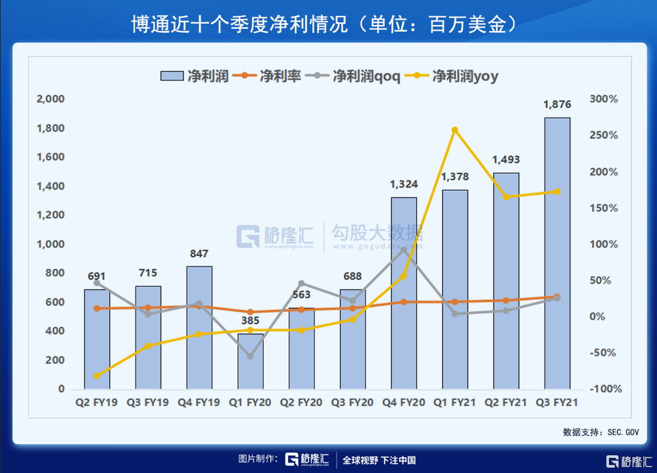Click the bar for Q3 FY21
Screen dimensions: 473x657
[x=557, y=253]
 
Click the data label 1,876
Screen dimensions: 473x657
[x=557, y=104]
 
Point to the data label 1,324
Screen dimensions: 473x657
[x=404, y=184]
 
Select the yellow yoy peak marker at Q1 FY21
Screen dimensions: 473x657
[x=454, y=130]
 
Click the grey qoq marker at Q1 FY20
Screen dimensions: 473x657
[x=250, y=356]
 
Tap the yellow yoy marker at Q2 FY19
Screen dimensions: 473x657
[x=97, y=376]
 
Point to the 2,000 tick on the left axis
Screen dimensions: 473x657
[x=51, y=99]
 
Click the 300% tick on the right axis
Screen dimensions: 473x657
[x=604, y=99]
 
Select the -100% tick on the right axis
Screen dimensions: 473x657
[x=606, y=389]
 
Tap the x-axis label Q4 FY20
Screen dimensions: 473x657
[x=404, y=402]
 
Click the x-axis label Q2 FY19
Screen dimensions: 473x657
[x=97, y=402]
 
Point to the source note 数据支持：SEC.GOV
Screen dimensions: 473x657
[x=601, y=432]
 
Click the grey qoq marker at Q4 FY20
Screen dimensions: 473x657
[x=404, y=250]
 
